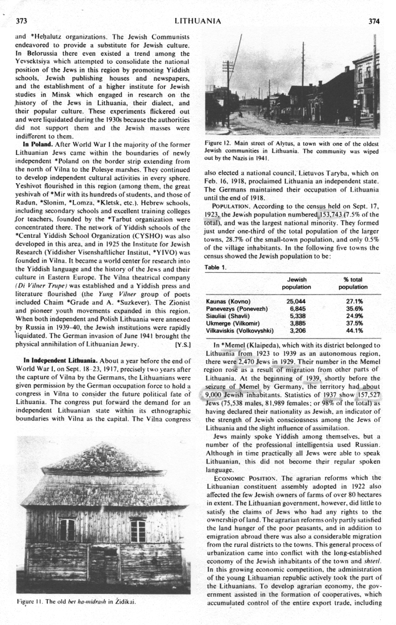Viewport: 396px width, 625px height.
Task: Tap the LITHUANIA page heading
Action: (x=197, y=21)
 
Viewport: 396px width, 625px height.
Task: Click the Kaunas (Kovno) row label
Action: (x=228, y=301)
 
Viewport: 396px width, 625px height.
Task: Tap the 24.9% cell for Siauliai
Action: (x=355, y=315)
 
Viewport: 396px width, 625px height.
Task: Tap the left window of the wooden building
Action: (x=67, y=530)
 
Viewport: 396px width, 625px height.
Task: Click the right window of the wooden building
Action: (x=138, y=531)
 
